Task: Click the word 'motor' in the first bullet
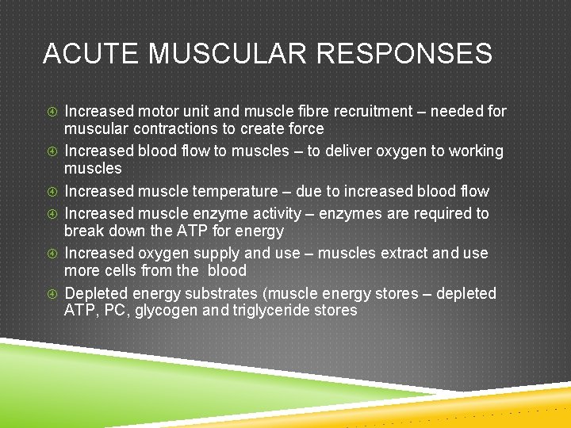[x=161, y=112]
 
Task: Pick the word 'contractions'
[x=171, y=128]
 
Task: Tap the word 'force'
[x=305, y=128]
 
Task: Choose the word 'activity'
[x=272, y=213]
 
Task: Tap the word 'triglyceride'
[x=271, y=311]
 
